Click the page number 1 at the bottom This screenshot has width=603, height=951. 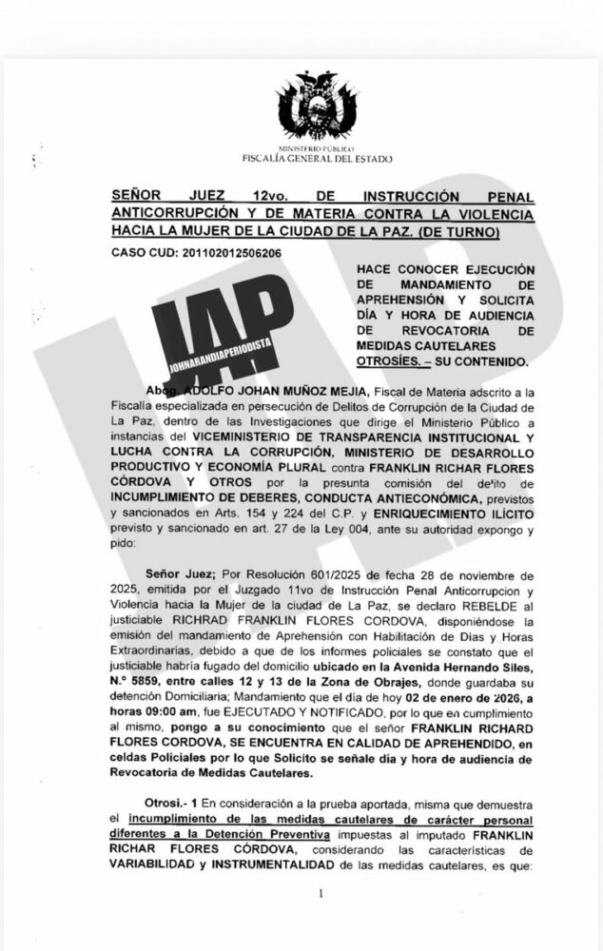click(x=321, y=894)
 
